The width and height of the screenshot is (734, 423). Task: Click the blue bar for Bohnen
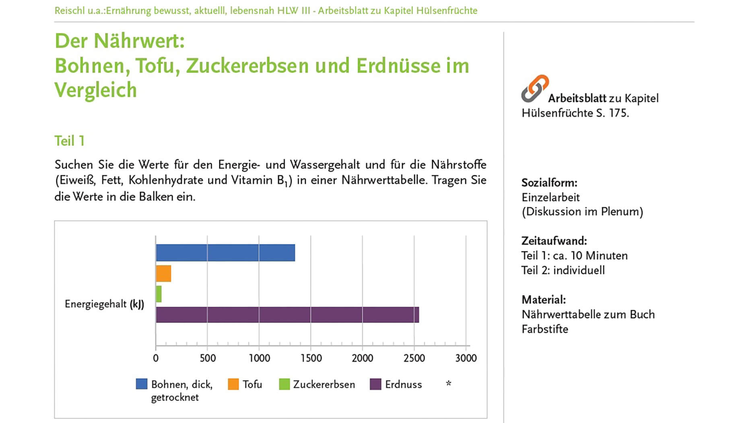coord(225,253)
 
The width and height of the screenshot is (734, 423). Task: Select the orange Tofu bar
coord(163,274)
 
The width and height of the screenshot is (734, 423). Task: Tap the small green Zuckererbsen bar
coord(159,294)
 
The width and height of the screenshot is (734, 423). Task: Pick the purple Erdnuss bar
coord(287,315)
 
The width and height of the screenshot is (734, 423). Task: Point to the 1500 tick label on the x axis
coord(311,358)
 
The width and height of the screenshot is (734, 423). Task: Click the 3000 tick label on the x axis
coord(466,358)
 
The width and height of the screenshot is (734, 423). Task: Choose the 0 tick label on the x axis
coord(156,358)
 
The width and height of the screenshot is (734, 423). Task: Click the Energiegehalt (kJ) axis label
coord(104,304)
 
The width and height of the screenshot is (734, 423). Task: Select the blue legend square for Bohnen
coord(142,384)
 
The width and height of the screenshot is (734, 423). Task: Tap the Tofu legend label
coord(252,384)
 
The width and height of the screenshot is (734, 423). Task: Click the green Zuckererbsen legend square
coord(285,384)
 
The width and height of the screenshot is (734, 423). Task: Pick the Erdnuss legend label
coord(403,384)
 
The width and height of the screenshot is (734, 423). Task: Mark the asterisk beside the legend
coord(449,384)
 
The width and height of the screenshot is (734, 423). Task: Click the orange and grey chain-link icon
coord(535,88)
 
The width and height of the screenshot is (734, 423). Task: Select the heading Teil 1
coord(70,141)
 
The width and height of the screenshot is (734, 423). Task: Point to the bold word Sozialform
coord(549,183)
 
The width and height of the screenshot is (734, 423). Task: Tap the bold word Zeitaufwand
coord(554,241)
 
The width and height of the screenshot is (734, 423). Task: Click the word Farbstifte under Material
coord(545,329)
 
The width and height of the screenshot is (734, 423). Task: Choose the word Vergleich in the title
coord(96,90)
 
